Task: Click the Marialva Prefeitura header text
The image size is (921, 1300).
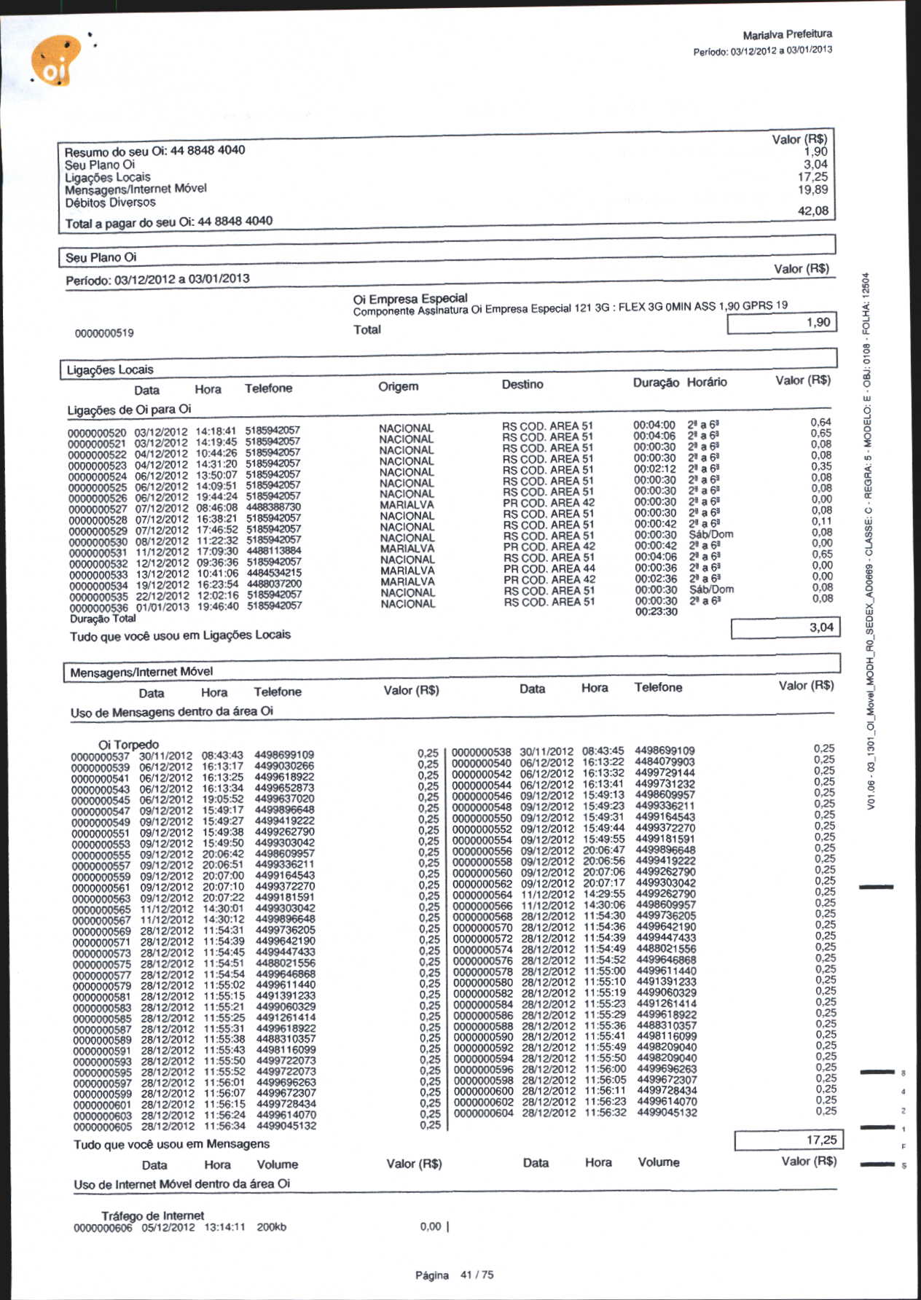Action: (787, 34)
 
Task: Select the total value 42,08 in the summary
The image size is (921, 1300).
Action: (812, 211)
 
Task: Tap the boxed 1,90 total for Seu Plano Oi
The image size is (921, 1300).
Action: (781, 323)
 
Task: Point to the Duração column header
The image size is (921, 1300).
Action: (655, 383)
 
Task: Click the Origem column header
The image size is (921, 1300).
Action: (398, 386)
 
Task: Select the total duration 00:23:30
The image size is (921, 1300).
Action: (656, 612)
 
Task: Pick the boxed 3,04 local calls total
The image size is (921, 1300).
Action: (785, 627)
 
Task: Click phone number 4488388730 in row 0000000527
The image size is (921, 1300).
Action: (273, 507)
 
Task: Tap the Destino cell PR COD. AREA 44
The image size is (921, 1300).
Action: (549, 568)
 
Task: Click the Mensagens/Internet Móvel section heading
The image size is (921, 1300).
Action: (141, 672)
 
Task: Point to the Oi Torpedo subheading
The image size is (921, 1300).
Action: (128, 744)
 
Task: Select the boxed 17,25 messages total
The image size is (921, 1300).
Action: (785, 1140)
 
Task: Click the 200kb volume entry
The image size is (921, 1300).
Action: (271, 1227)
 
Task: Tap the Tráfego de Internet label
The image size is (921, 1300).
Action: (152, 1215)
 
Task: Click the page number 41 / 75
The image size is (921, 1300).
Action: (477, 1274)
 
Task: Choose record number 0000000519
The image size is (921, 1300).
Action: (104, 333)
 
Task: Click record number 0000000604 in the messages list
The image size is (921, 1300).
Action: (483, 1113)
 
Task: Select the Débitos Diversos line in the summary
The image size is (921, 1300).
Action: (110, 203)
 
